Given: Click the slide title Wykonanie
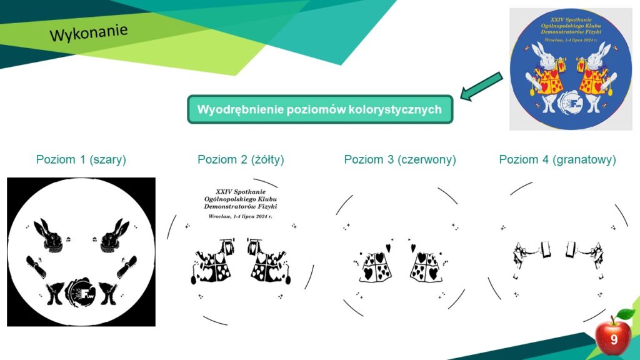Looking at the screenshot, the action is click(89, 32).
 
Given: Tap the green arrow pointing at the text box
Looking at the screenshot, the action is click(481, 86).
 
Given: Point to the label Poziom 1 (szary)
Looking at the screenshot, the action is click(81, 159).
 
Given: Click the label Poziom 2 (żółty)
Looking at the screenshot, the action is click(241, 159).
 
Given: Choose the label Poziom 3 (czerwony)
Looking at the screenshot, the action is click(400, 159).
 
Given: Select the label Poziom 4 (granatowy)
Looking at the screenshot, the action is click(557, 159).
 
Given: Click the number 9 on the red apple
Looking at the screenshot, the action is click(614, 339).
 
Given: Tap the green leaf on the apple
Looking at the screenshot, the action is click(625, 314).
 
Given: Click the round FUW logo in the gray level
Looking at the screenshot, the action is click(81, 292).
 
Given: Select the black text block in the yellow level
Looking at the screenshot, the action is click(240, 203).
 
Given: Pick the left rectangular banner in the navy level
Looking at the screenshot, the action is click(545, 250).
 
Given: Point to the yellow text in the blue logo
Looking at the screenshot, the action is click(571, 29).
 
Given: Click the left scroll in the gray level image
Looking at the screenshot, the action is click(36, 266).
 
